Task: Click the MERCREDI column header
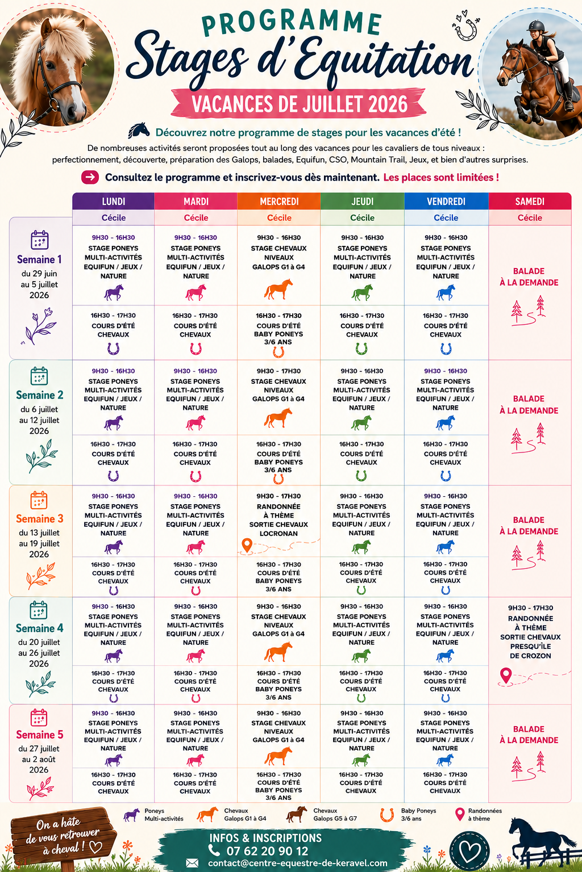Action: pos(278,202)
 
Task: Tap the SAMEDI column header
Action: pos(530,202)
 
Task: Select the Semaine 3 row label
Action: pos(39,518)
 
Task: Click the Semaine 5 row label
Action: pos(39,735)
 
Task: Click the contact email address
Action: pos(297,863)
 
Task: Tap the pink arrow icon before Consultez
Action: pos(90,178)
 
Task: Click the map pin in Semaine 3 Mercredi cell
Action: pos(247,545)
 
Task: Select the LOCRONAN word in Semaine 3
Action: pos(278,534)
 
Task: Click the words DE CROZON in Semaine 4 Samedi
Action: pos(530,656)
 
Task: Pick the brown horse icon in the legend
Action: pos(297,814)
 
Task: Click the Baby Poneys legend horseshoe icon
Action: pos(387,815)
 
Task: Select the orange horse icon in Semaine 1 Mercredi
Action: pos(278,289)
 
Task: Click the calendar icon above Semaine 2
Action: pos(39,376)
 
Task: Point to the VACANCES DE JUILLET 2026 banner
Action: pos(299,104)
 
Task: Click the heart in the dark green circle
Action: pos(469,851)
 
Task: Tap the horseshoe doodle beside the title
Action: pos(466,29)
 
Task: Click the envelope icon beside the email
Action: pos(192,863)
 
